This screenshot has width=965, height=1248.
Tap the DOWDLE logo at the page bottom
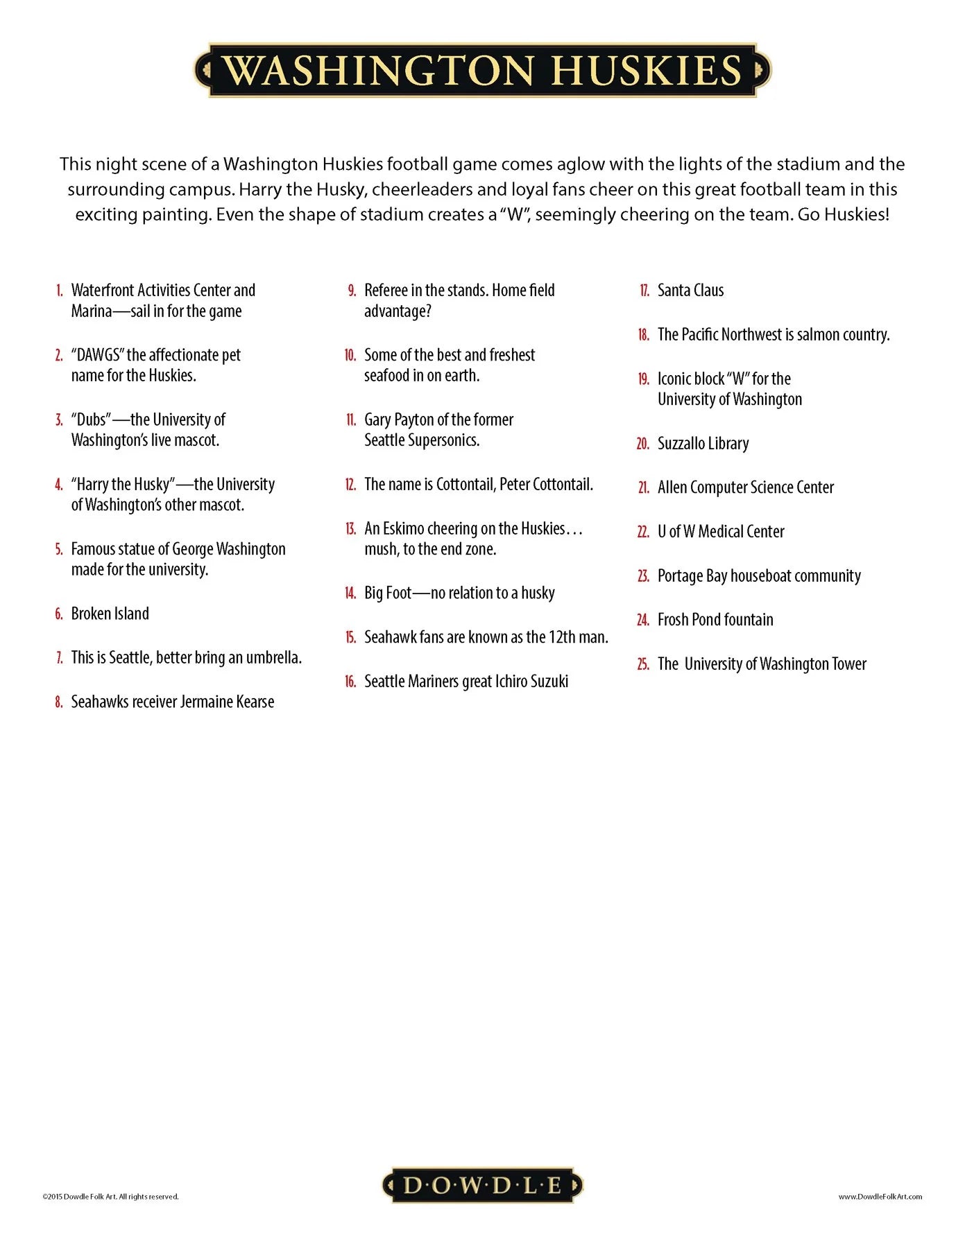tap(482, 1185)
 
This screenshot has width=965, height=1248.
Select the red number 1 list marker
tap(60, 291)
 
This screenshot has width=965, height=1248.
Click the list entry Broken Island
tap(110, 614)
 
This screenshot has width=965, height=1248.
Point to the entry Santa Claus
tap(690, 291)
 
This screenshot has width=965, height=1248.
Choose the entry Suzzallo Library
tap(703, 444)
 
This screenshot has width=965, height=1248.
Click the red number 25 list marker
tap(643, 664)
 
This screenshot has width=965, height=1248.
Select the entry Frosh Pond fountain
tap(715, 620)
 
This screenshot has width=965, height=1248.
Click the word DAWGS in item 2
tap(97, 355)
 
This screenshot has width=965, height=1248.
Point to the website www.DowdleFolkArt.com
tap(880, 1196)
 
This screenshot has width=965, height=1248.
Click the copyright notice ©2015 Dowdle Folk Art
tap(110, 1196)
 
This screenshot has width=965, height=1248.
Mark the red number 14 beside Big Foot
tap(350, 593)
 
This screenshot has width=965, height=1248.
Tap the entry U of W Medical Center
tap(721, 532)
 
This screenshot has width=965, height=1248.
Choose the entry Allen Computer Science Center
tap(745, 487)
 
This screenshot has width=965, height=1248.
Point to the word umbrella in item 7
tap(274, 657)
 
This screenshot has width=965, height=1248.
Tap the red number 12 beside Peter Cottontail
tap(350, 485)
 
